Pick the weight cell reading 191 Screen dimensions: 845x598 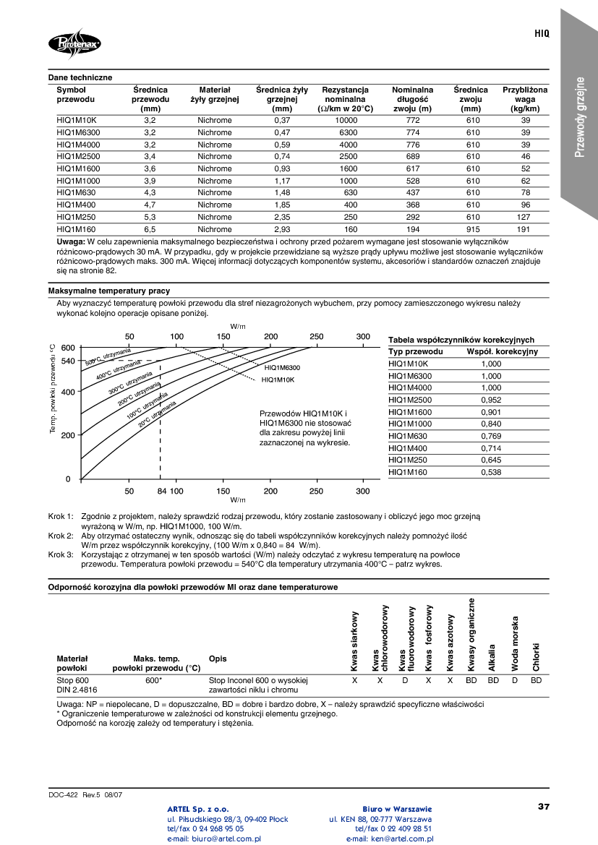525,229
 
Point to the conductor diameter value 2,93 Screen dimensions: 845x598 281,229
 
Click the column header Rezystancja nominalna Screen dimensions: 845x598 345,95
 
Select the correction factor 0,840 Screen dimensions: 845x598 491,424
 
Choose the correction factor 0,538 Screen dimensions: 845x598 491,472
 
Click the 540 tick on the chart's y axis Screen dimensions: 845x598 67,361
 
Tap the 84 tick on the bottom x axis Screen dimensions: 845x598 161,491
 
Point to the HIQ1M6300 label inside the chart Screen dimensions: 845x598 282,368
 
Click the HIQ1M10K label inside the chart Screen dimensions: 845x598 278,379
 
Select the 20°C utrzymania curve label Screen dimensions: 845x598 157,413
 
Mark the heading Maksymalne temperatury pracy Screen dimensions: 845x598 99,291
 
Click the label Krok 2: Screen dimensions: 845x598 61,536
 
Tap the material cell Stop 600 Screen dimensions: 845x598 72,681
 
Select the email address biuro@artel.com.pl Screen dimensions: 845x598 213,838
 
